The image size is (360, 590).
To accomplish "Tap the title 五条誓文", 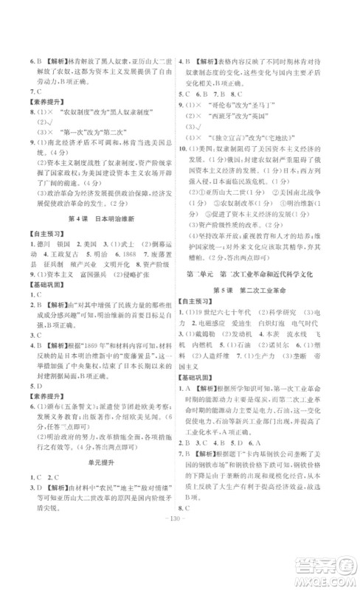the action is point(59,404).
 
